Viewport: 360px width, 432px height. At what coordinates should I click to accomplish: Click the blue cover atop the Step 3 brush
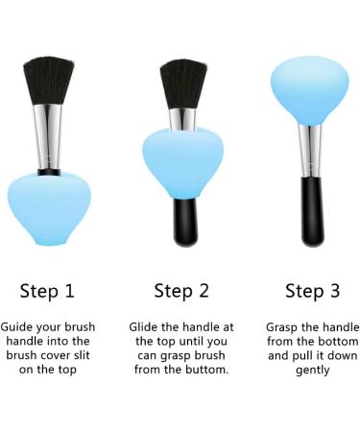(x=311, y=90)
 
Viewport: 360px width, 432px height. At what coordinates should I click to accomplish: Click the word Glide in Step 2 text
(x=148, y=327)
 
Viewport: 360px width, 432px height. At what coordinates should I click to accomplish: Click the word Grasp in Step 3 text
(x=284, y=327)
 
